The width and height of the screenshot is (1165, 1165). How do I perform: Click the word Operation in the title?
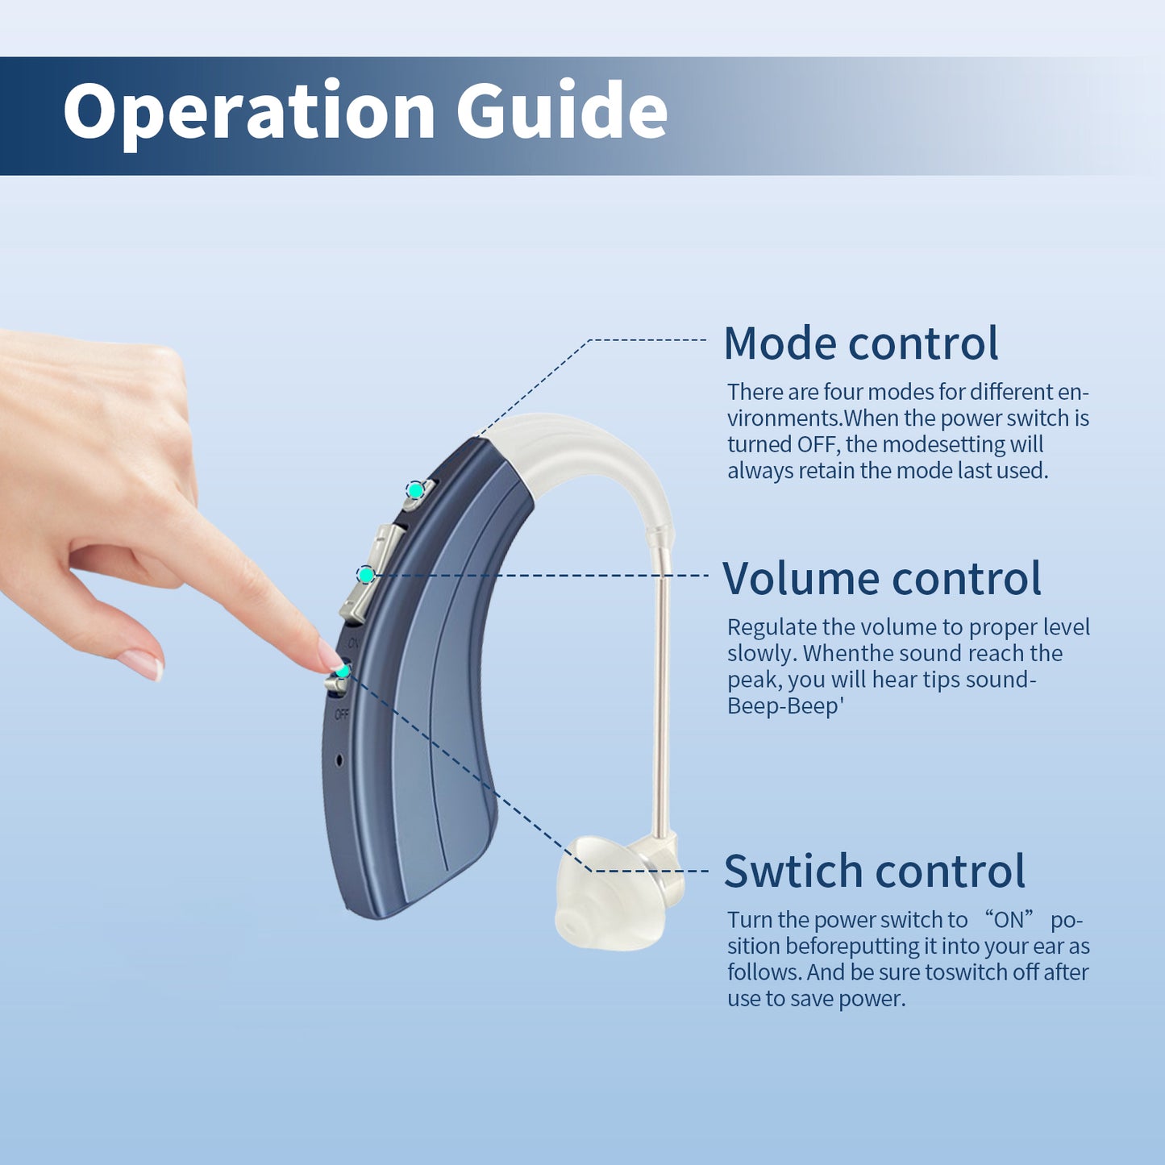tap(249, 112)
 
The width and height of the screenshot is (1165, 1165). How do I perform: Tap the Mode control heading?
tap(860, 343)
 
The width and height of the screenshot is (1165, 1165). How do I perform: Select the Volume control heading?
tap(881, 579)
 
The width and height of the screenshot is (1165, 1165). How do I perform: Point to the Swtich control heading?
tap(874, 872)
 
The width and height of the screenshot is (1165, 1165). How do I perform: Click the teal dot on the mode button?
tap(414, 489)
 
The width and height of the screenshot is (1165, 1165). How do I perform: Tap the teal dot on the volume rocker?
tap(366, 574)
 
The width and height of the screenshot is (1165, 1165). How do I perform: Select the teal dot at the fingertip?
tap(343, 670)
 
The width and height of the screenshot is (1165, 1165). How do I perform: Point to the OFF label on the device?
tap(341, 714)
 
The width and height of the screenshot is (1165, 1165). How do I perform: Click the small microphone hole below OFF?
tap(339, 759)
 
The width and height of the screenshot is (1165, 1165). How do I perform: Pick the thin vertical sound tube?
tap(660, 685)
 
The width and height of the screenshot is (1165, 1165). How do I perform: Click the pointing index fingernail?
tap(328, 655)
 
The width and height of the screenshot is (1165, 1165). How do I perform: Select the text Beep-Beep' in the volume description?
tap(784, 706)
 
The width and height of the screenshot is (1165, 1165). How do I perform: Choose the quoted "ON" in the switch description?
tap(1008, 920)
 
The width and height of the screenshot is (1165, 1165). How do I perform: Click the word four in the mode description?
tap(843, 392)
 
